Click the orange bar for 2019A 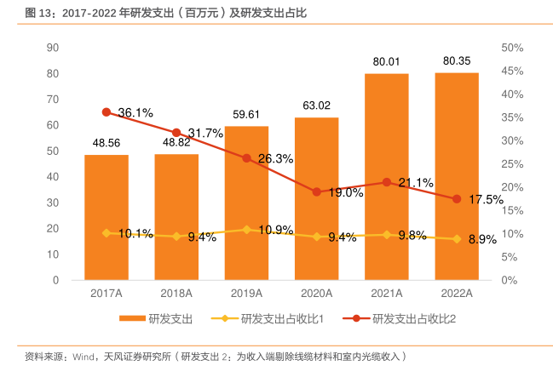(x=246, y=204)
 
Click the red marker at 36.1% (x=107, y=112)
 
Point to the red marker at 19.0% (x=317, y=191)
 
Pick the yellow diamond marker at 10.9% (x=247, y=230)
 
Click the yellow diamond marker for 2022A (x=457, y=239)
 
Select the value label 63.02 (x=316, y=106)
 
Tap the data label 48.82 (x=176, y=143)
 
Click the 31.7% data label (x=205, y=133)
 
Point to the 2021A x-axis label (x=386, y=294)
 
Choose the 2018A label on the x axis (x=176, y=294)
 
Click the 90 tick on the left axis (x=53, y=48)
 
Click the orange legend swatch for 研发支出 (x=131, y=319)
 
